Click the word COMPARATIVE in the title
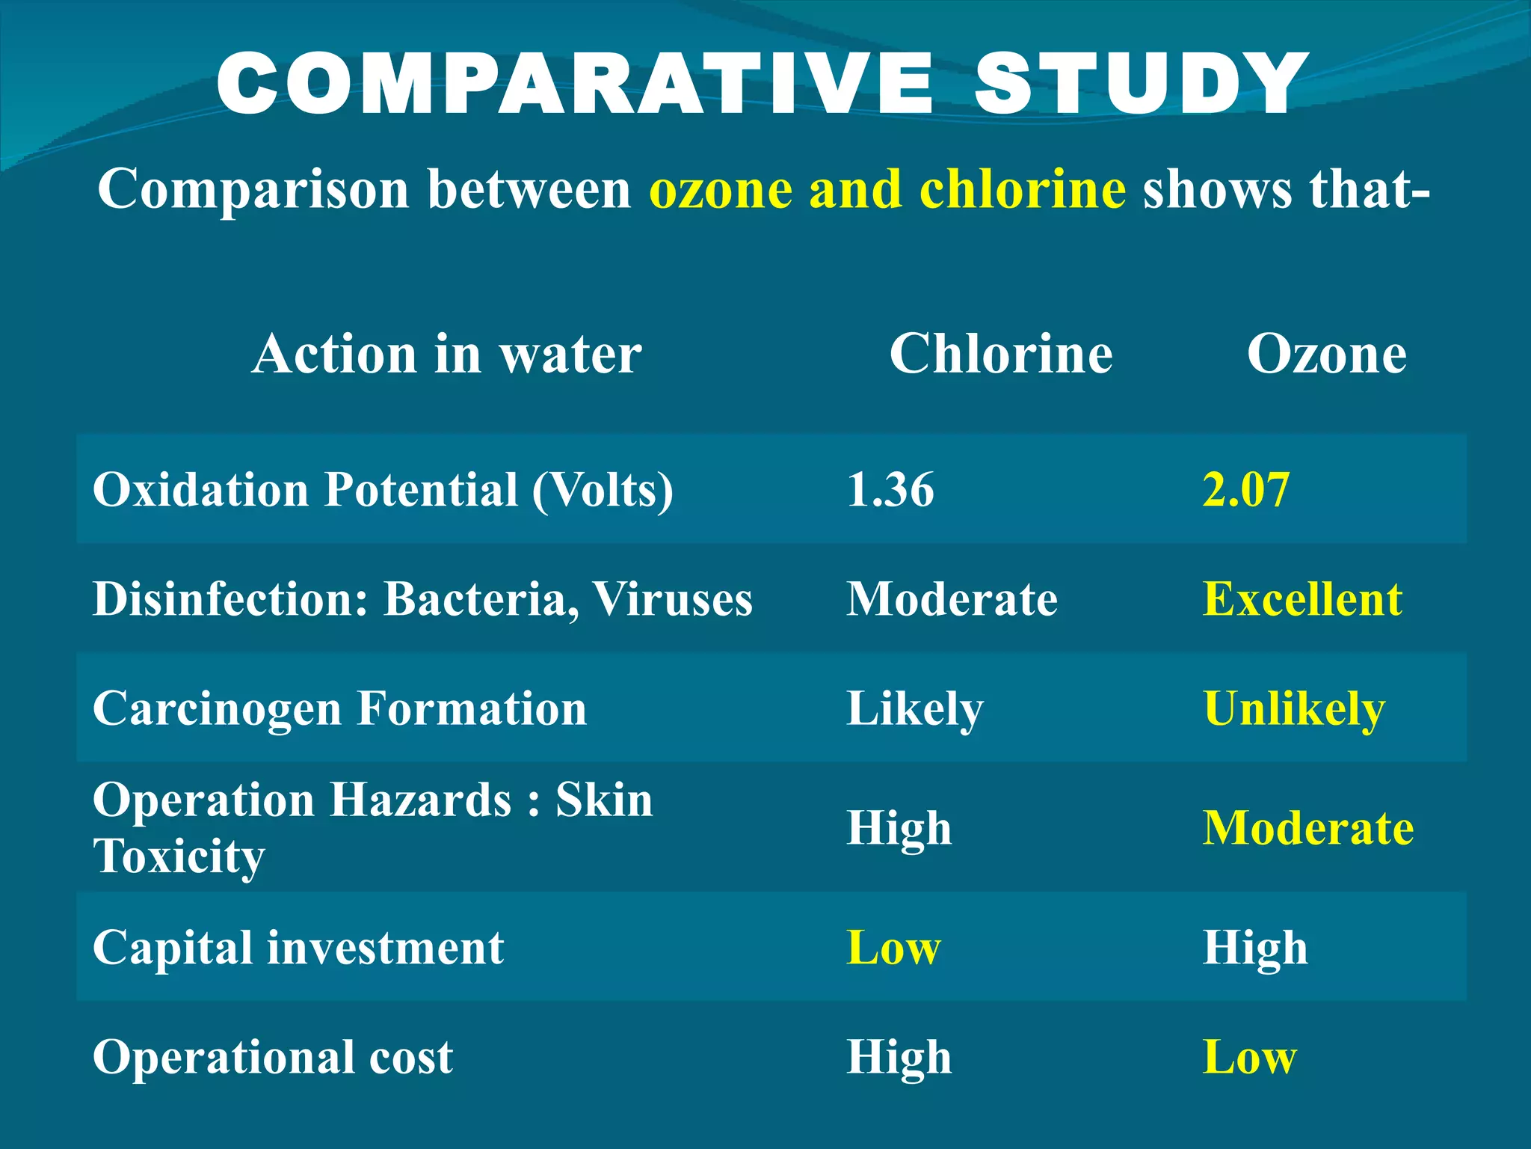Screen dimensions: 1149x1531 574,84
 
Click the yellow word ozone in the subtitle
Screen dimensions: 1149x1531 721,189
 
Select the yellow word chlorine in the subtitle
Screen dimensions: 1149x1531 1022,189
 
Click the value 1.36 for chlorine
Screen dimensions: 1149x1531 890,489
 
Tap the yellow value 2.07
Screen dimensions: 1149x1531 1246,489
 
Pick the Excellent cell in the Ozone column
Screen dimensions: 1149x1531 1302,599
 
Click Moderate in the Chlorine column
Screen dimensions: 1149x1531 952,599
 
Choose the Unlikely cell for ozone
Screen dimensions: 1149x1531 1294,709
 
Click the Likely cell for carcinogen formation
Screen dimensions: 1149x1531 915,709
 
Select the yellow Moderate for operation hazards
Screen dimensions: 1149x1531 1308,828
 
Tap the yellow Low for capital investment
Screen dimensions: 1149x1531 893,948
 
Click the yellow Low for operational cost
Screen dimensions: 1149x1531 1250,1057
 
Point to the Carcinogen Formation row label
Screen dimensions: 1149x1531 339,709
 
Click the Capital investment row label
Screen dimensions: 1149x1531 298,948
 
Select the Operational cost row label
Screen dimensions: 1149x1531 273,1057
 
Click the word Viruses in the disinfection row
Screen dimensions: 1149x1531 672,599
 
